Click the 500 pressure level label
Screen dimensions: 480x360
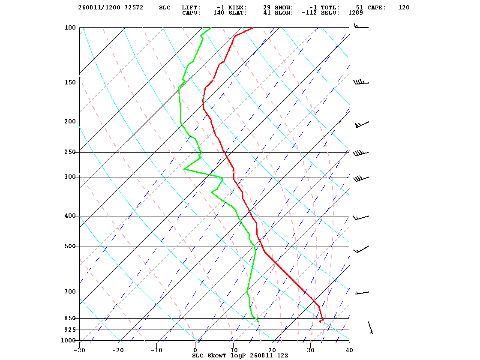pyautogui.click(x=70, y=246)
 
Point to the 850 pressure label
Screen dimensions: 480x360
pyautogui.click(x=70, y=318)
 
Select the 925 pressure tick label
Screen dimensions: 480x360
pyautogui.click(x=70, y=330)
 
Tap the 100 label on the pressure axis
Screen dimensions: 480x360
pyautogui.click(x=70, y=27)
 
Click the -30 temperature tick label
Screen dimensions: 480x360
pyautogui.click(x=80, y=350)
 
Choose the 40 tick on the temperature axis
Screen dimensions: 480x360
pyautogui.click(x=349, y=350)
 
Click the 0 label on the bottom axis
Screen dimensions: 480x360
pyautogui.click(x=195, y=350)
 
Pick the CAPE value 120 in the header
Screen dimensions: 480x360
pyautogui.click(x=404, y=8)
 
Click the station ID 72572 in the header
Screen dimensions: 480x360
pyautogui.click(x=134, y=8)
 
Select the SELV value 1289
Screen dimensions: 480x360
pyautogui.click(x=356, y=13)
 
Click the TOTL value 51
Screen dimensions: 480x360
pyautogui.click(x=360, y=8)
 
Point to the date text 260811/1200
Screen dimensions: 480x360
pyautogui.click(x=99, y=8)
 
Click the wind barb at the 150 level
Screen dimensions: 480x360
pyautogui.click(x=361, y=82)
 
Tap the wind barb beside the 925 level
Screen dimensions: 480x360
pyautogui.click(x=370, y=328)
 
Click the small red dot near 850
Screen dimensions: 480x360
pyautogui.click(x=320, y=321)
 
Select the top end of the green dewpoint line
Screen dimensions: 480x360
pyautogui.click(x=211, y=27)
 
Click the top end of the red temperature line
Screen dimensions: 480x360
pyautogui.click(x=254, y=27)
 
